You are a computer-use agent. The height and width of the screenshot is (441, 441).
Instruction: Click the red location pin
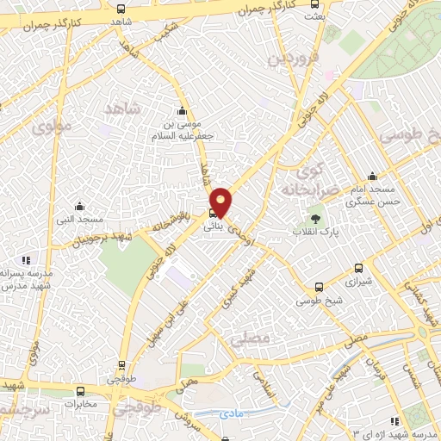(221, 202)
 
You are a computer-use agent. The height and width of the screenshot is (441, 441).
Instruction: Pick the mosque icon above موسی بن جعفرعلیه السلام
(181, 111)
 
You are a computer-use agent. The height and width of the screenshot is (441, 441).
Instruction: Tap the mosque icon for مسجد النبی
(79, 206)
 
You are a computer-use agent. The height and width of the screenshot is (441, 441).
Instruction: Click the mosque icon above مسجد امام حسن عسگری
(371, 175)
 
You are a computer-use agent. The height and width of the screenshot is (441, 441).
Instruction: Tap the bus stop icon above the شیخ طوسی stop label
(320, 287)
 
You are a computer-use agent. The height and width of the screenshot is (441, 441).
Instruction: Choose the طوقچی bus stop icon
(121, 365)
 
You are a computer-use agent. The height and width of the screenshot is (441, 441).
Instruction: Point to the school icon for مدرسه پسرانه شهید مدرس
(27, 258)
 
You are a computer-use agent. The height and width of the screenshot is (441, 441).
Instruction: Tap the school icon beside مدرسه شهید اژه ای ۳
(394, 421)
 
